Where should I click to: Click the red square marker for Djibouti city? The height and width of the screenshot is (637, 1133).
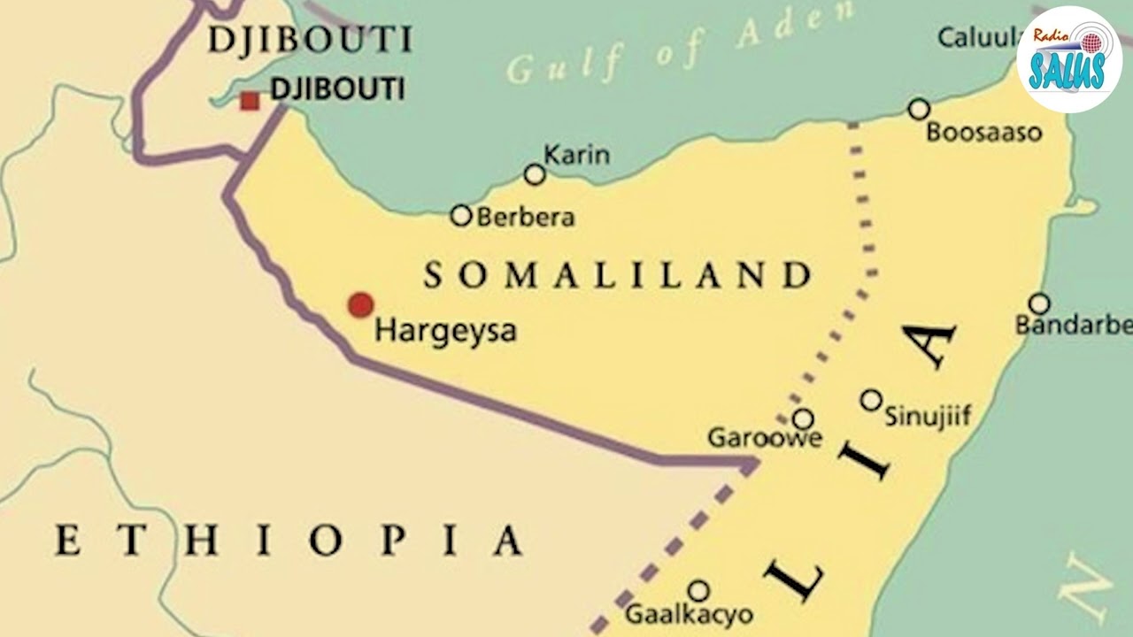(250, 101)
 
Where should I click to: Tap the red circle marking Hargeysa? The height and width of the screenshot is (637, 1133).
(360, 304)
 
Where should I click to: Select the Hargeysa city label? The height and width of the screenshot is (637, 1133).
(445, 332)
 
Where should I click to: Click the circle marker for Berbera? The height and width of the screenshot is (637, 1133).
(461, 215)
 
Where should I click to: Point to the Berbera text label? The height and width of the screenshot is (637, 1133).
(526, 217)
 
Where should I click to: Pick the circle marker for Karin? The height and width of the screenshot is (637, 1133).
(535, 174)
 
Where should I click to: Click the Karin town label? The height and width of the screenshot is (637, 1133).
(576, 155)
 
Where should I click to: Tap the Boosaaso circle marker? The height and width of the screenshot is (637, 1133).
(919, 109)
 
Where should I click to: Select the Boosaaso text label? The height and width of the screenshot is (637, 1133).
(983, 133)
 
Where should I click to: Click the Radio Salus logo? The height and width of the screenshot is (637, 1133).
(1069, 59)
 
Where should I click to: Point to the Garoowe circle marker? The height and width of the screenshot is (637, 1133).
(803, 418)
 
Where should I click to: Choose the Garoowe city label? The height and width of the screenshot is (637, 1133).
(764, 438)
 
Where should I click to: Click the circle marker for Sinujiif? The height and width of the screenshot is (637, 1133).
(871, 400)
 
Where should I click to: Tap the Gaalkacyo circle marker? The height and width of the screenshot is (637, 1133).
(698, 590)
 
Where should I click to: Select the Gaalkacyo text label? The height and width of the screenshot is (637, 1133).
(689, 614)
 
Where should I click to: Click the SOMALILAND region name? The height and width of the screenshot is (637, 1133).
(618, 275)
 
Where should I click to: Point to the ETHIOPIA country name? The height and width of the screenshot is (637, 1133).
(289, 540)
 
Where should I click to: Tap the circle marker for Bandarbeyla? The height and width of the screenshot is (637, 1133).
(1039, 303)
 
